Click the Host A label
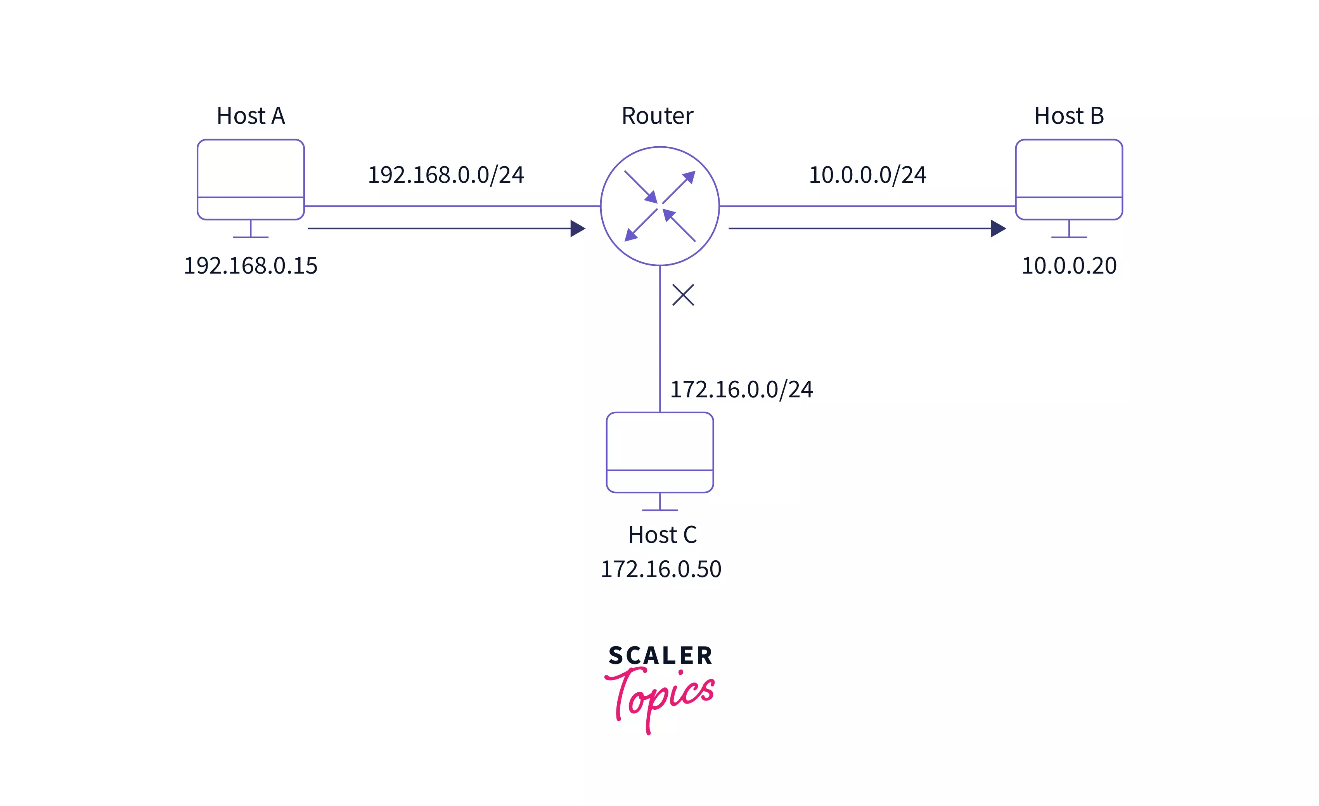pos(251,116)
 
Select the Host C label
pos(662,534)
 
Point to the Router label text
pos(657,116)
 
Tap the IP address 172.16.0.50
pos(661,569)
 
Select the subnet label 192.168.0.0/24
pos(445,175)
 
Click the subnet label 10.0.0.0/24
pos(867,175)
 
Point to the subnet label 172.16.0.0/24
pos(741,389)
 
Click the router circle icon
pos(659,206)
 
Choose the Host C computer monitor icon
pos(659,452)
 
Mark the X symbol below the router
pos(683,295)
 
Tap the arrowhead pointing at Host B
pos(998,229)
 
